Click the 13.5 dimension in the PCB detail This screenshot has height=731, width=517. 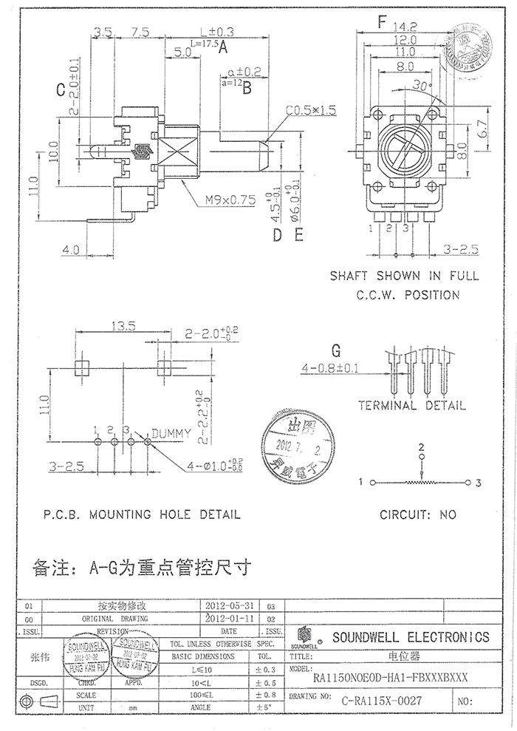point(122,325)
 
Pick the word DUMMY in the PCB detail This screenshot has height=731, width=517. point(171,432)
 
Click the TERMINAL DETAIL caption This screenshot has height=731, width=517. point(411,406)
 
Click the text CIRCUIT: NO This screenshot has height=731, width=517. point(417,514)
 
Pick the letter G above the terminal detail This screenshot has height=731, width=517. point(336,350)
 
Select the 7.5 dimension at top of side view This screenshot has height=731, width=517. point(140,33)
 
